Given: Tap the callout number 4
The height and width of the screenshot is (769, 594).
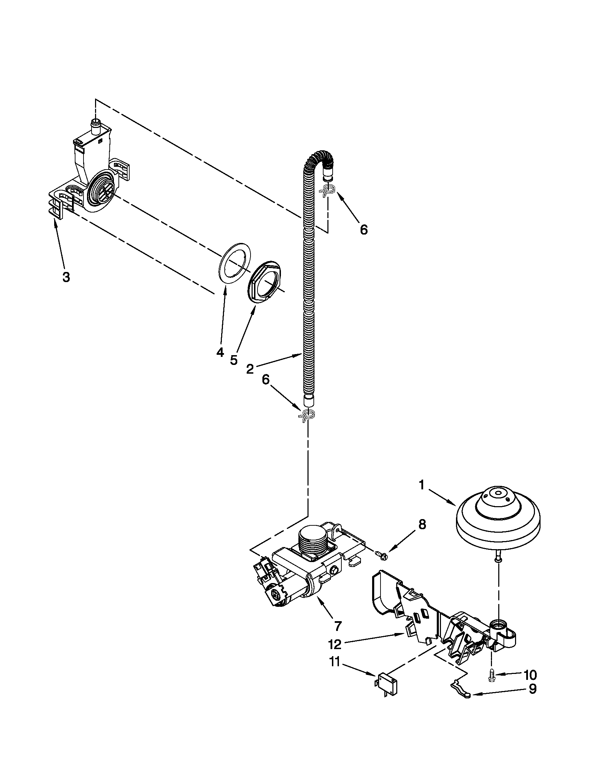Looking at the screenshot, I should (220, 352).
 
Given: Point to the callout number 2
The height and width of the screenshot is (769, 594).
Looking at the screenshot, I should (250, 369).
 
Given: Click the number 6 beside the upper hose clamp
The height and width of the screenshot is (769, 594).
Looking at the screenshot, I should (363, 230).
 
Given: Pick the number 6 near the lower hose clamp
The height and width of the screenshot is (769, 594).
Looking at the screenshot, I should (266, 380).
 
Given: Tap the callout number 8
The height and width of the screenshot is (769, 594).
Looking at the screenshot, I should (422, 534).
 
